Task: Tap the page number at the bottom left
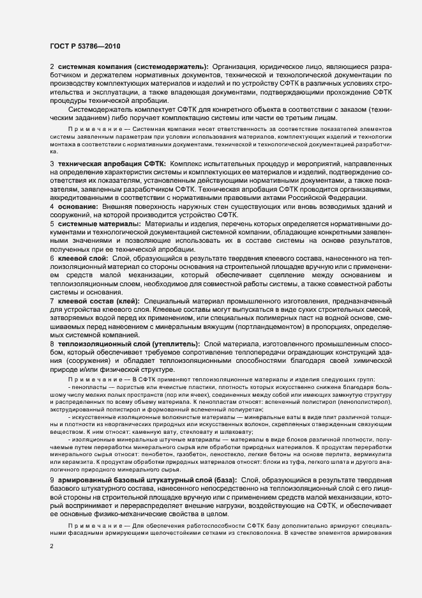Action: pyautogui.click(x=52, y=547)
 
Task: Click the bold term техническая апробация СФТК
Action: pyautogui.click(x=112, y=164)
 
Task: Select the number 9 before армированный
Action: pyautogui.click(x=52, y=479)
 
